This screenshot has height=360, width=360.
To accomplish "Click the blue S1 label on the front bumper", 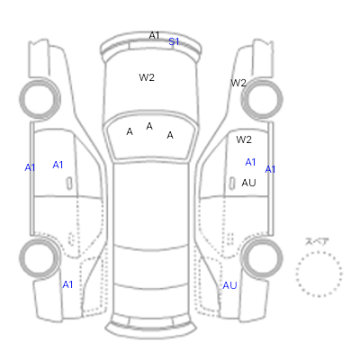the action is click(x=174, y=41).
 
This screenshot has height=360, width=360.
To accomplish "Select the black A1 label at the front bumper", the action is click(x=154, y=35).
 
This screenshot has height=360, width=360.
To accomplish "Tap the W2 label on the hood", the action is click(x=147, y=77).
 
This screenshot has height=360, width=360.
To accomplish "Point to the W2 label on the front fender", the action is click(x=238, y=83).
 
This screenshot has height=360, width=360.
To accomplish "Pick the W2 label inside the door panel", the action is click(x=244, y=139).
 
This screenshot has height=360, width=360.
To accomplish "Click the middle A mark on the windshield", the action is click(x=149, y=126).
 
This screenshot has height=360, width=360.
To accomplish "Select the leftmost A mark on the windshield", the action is click(x=130, y=131).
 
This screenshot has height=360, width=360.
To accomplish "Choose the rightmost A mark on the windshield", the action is click(x=170, y=135).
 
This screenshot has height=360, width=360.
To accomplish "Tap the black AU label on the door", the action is click(x=248, y=183).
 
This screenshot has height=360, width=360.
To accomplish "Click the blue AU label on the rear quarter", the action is click(x=229, y=285).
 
